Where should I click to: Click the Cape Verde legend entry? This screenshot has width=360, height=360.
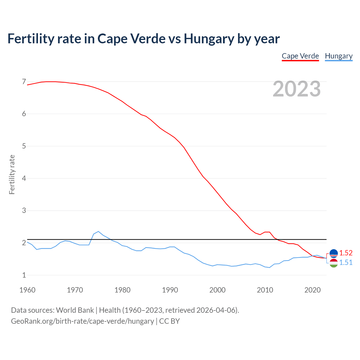tap(300, 56)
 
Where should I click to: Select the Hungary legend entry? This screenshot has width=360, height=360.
tap(339, 56)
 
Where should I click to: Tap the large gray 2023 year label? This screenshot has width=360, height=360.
tap(296, 89)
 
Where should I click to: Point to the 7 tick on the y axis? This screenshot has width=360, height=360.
tap(24, 82)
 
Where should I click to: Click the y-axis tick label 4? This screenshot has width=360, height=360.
tap(24, 178)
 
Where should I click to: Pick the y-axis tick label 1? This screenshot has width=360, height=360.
tap(24, 275)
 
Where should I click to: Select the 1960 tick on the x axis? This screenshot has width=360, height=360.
tap(27, 290)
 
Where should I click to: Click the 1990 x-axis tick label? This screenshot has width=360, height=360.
tap(170, 290)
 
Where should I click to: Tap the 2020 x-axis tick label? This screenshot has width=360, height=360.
tap(312, 290)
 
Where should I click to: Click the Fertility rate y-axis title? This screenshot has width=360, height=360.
tap(12, 174)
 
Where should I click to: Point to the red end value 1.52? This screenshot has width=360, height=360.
tap(346, 253)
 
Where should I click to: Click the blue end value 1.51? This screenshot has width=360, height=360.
tap(346, 262)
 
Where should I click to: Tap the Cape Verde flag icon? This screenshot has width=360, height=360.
tap(334, 253)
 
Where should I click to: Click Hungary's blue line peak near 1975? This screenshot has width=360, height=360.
tap(98, 231)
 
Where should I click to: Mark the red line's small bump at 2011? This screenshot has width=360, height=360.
tap(267, 232)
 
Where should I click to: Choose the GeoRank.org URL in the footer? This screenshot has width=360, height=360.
tap(82, 321)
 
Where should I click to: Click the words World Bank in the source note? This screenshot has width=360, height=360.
tap(75, 310)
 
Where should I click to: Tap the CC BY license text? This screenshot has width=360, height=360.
tap(169, 321)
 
